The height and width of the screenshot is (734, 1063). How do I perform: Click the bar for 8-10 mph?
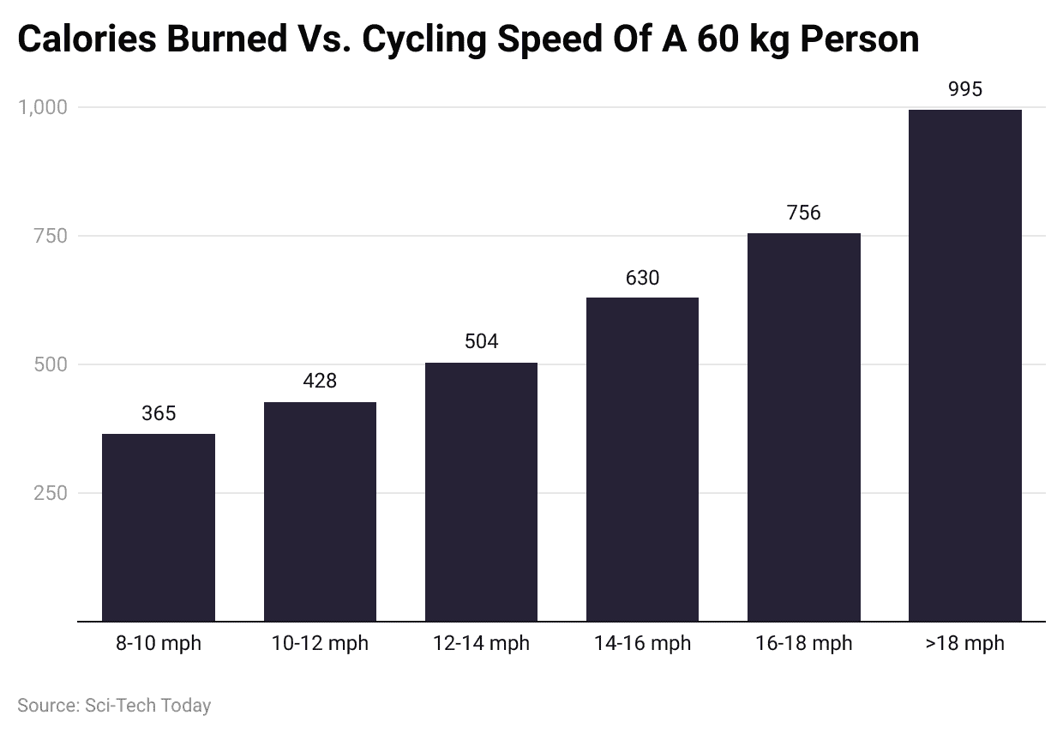[159, 526]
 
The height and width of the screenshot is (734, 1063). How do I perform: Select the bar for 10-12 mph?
[320, 511]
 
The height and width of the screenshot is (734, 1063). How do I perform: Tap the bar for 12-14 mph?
[481, 491]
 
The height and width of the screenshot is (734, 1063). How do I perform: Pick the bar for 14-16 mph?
[642, 459]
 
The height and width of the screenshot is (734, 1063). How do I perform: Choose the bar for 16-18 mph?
[803, 426]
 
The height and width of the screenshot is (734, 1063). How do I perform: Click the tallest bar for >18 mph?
[964, 364]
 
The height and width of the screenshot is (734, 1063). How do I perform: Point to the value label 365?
[159, 413]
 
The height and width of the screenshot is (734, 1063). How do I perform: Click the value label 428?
[320, 381]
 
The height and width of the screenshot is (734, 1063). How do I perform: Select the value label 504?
[481, 341]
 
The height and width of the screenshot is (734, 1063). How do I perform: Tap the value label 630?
[642, 277]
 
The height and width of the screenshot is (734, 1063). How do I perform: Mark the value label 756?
[803, 213]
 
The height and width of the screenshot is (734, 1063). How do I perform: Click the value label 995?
[964, 89]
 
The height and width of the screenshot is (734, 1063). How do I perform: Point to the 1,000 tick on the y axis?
[42, 107]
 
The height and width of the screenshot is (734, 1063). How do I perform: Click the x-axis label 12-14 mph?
[481, 643]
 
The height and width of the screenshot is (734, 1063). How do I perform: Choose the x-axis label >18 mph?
[964, 643]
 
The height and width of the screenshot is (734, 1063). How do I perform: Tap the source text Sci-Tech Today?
[147, 706]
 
